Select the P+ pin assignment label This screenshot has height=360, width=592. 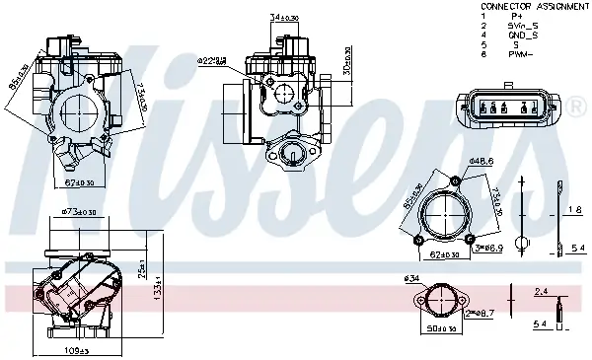[517, 16]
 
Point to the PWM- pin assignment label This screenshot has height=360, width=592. [521, 54]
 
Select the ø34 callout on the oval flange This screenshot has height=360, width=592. [412, 279]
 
